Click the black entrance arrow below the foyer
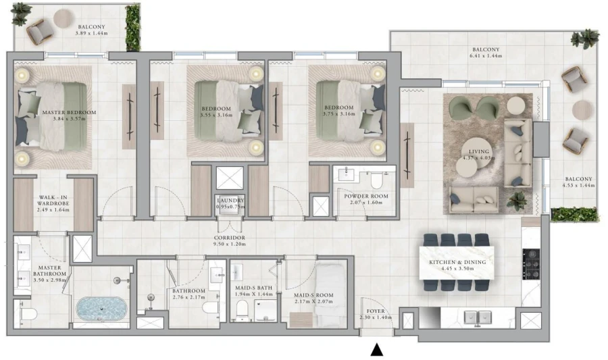(x=378, y=350)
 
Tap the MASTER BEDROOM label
(x=69, y=113)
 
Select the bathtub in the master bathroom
(x=101, y=309)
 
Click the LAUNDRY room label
(x=230, y=201)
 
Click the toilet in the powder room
(x=377, y=180)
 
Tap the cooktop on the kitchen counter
(x=531, y=264)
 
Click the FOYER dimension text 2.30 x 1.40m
(x=376, y=317)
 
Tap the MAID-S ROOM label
(x=313, y=294)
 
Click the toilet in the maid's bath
(x=241, y=312)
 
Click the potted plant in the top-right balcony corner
(x=585, y=38)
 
